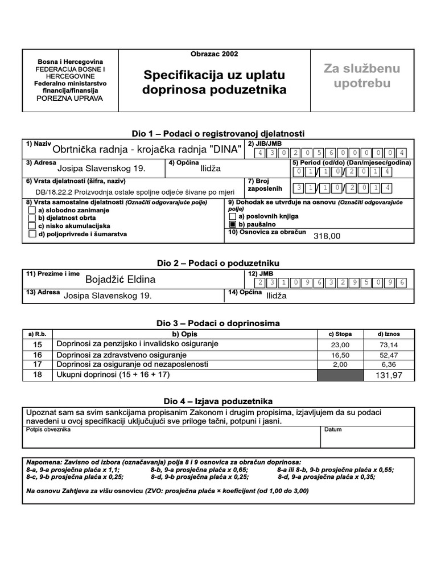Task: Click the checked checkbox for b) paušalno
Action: [232, 225]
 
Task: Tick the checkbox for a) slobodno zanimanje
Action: [32, 210]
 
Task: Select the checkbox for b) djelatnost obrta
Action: [32, 218]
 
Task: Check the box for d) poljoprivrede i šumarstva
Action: [32, 234]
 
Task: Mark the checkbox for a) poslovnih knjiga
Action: [232, 217]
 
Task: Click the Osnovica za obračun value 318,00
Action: [327, 236]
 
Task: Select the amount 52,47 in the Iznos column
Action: [390, 355]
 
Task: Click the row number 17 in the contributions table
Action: [38, 364]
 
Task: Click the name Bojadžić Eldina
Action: [120, 280]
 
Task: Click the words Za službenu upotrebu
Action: [362, 76]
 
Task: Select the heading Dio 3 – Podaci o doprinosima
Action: [218, 323]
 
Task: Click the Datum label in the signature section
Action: [333, 429]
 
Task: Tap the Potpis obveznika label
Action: [48, 429]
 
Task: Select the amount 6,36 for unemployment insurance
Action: [390, 364]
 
